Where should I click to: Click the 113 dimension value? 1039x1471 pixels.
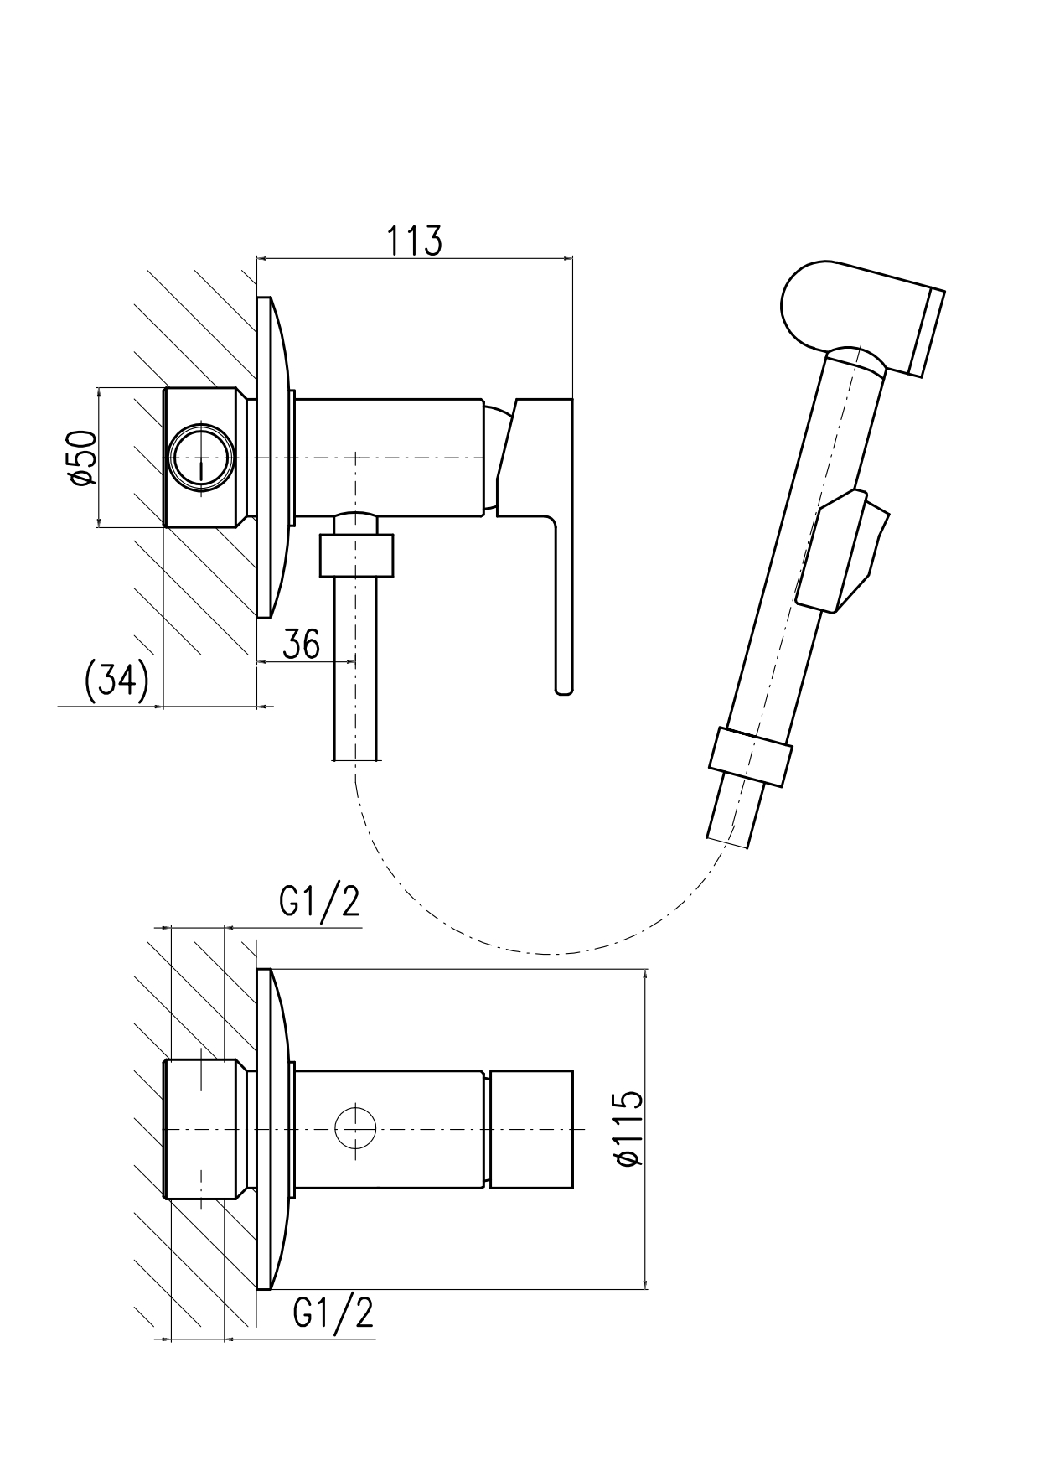[x=414, y=241]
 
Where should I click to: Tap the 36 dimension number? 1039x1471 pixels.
[x=301, y=644]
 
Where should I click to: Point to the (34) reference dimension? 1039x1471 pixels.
[x=117, y=681]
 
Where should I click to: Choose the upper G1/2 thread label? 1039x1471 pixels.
[x=319, y=902]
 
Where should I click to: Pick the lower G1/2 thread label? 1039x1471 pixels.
[x=333, y=1313]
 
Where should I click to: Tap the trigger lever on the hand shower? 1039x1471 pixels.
[x=842, y=549]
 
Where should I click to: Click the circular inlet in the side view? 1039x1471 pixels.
[x=201, y=458]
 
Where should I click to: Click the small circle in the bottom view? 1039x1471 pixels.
[x=356, y=1127]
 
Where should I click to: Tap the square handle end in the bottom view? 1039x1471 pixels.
[x=531, y=1128]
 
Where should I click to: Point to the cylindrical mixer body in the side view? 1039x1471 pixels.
[x=390, y=458]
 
